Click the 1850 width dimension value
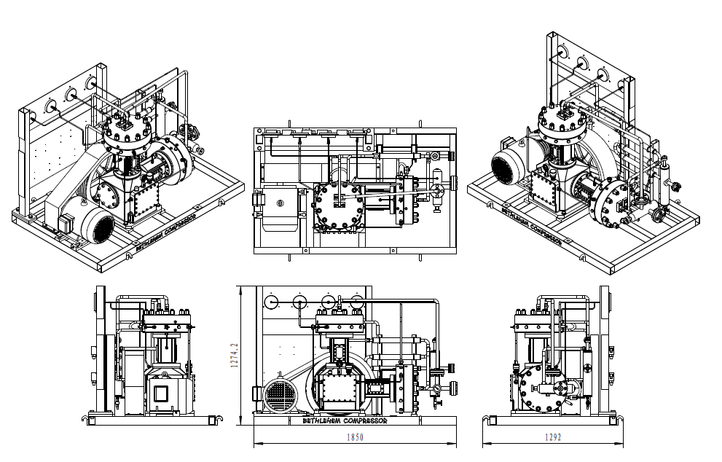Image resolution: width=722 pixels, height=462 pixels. click(x=355, y=437)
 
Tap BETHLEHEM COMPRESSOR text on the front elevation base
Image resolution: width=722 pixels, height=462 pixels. click(x=345, y=421)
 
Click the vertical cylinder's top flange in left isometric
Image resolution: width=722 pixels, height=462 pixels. click(x=127, y=133)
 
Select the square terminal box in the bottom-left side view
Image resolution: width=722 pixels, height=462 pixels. click(x=160, y=397)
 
